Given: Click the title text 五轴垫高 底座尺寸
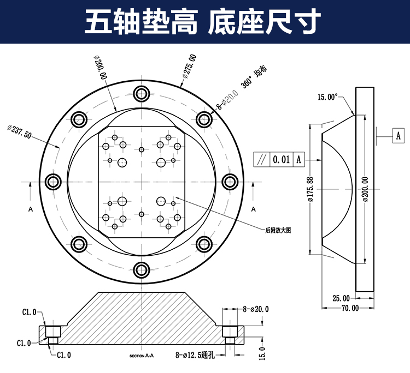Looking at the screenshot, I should (203, 23).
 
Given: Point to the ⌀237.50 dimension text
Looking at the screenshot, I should (20, 131).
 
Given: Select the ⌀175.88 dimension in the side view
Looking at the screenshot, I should (311, 189).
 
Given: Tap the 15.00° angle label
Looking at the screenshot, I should (329, 98).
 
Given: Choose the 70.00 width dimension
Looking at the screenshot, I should (350, 308).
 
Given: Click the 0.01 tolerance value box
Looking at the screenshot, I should (281, 160).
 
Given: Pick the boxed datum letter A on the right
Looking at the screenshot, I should (398, 135).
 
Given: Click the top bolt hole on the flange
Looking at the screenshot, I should (142, 93).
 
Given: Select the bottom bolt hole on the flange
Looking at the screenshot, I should (142, 269).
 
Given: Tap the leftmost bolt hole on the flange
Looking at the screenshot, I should (53, 182).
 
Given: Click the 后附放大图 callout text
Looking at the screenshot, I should (278, 231).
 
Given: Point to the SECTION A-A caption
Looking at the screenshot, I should (142, 356).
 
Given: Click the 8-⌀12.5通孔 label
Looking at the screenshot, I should (197, 355).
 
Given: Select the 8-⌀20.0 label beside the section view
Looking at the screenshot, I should (255, 309).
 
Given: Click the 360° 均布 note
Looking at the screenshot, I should (254, 78).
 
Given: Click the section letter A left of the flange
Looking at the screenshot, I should (31, 209).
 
